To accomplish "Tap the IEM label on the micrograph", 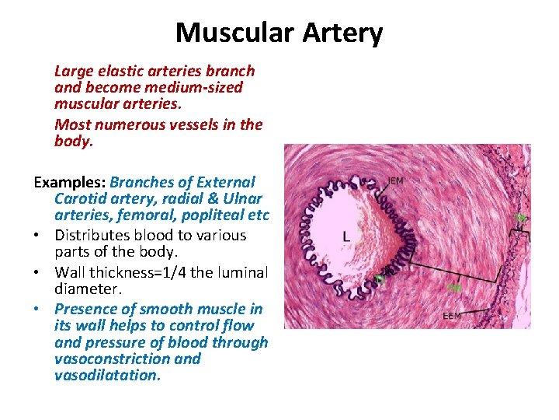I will coord(396,181).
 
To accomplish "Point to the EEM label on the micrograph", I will coord(452,317).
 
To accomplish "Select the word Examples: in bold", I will coord(69,183).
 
